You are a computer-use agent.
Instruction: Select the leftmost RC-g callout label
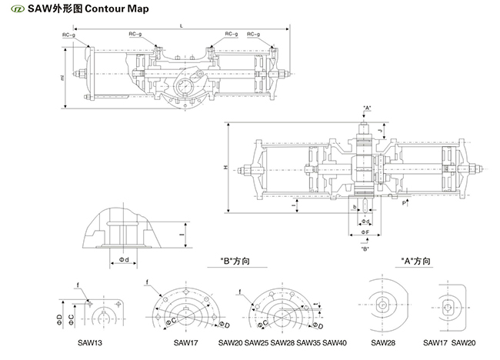pos(69,35)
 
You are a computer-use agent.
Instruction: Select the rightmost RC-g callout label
pos(253,35)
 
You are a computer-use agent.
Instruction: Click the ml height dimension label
pos(61,78)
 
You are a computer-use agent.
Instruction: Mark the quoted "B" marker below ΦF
pos(365,248)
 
